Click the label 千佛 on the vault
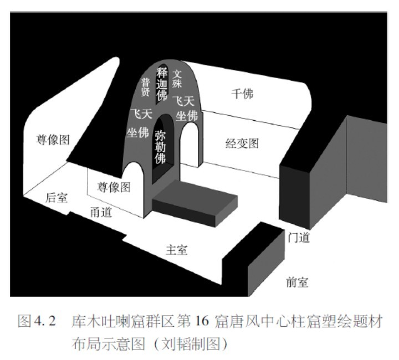tap(242, 94)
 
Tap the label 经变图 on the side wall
tap(242, 143)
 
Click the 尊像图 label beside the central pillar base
tap(114, 187)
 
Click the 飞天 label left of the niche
tap(139, 115)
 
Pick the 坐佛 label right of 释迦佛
tap(187, 115)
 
